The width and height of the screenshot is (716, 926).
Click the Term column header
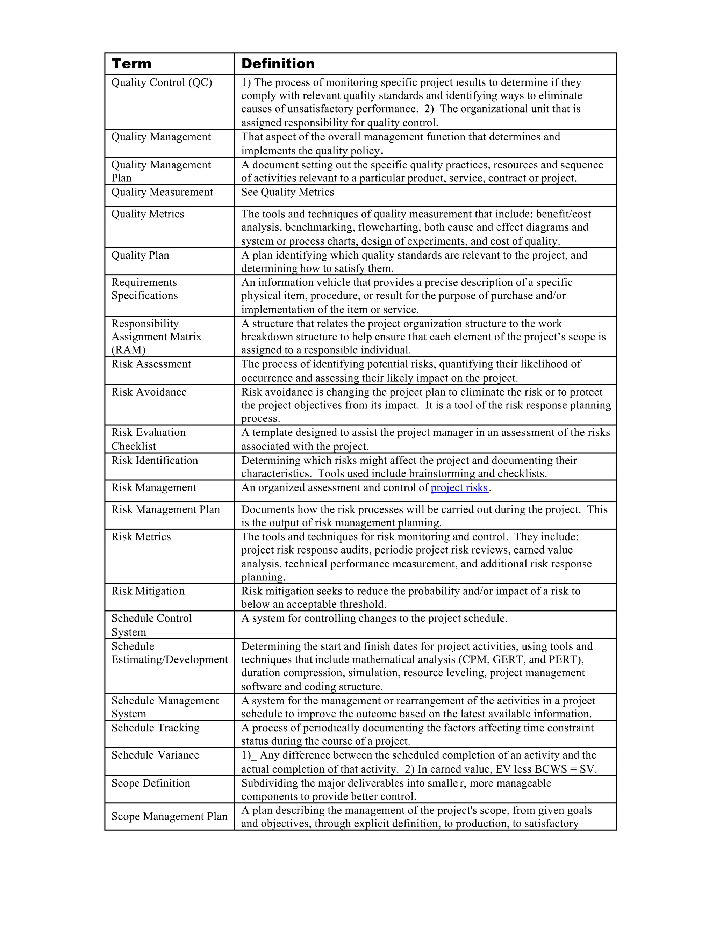(x=131, y=64)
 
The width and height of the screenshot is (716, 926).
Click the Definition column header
(x=278, y=64)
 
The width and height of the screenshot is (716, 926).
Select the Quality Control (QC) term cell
(x=162, y=83)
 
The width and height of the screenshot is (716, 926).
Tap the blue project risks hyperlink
(x=459, y=488)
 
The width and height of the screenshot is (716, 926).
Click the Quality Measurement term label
(x=162, y=192)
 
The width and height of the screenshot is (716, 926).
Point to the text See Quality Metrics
(x=288, y=192)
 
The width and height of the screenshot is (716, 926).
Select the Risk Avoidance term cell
(x=149, y=392)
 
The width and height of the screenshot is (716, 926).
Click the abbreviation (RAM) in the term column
(x=129, y=350)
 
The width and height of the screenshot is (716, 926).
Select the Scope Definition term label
(x=151, y=783)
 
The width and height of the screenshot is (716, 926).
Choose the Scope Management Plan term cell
(x=169, y=816)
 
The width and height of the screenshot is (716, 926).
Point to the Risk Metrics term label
(x=141, y=537)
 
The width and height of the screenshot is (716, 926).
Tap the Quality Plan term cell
(x=141, y=255)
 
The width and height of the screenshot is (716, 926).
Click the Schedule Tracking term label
(x=155, y=728)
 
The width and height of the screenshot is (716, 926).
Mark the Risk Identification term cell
(x=155, y=461)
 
